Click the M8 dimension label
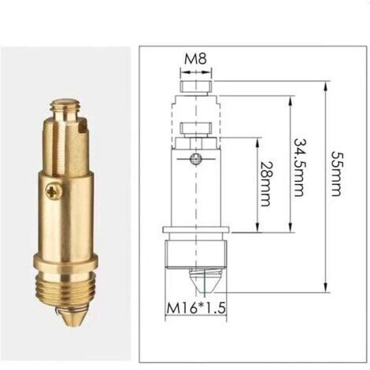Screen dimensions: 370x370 [195, 59]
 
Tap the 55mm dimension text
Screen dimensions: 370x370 [336, 173]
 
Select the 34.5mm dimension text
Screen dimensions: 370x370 [299, 167]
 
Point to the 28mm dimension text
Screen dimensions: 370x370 [265, 183]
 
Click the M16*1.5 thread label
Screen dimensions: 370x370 [196, 308]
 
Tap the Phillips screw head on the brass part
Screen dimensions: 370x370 [54, 191]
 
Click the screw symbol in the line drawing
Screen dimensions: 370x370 [196, 159]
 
